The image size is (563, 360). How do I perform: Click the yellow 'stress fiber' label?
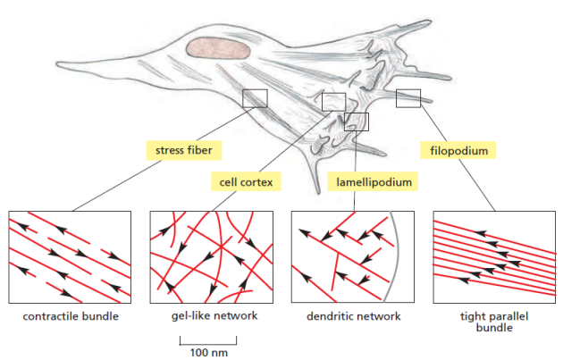pyautogui.click(x=184, y=150)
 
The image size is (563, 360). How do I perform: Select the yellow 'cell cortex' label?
pyautogui.click(x=246, y=182)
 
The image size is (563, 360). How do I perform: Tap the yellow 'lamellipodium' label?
pyautogui.click(x=374, y=182)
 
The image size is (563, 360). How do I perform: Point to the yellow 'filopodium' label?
pyautogui.click(x=458, y=150)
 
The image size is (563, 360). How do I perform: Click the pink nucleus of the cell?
pyautogui.click(x=218, y=48)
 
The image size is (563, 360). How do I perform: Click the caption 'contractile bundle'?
pyautogui.click(x=71, y=316)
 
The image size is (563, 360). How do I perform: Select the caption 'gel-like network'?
pyautogui.click(x=214, y=316)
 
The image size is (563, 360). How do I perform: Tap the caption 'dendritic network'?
pyautogui.click(x=354, y=316)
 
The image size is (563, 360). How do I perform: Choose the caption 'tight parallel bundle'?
pyautogui.click(x=494, y=322)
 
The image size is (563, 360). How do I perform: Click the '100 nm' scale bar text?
pyautogui.click(x=209, y=353)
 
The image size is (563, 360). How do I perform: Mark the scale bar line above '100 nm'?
pyautogui.click(x=208, y=344)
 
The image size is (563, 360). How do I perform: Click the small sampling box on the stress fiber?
pyautogui.click(x=255, y=98)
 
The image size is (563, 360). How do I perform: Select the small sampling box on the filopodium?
pyautogui.click(x=408, y=98)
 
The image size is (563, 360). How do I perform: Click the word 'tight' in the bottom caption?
pyautogui.click(x=472, y=316)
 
